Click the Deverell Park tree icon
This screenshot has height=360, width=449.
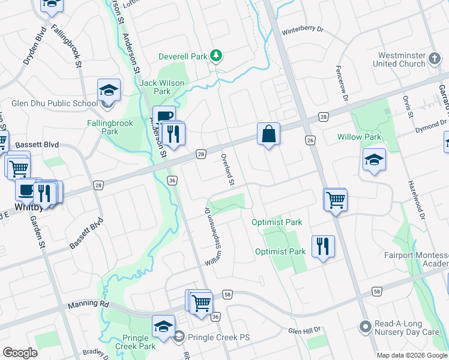tap(216, 56)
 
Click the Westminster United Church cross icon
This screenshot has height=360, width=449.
tap(435, 59)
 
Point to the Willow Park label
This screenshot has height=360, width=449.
tap(359, 137)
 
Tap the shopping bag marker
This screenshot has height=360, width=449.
tap(269, 134)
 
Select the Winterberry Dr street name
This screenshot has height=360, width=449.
tap(303, 29)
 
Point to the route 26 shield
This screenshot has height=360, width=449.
tap(310, 140)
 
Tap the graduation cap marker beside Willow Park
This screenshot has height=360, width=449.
tap(373, 160)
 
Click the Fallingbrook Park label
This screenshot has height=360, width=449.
tap(101, 127)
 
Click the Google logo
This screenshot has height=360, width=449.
tap(20, 352)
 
